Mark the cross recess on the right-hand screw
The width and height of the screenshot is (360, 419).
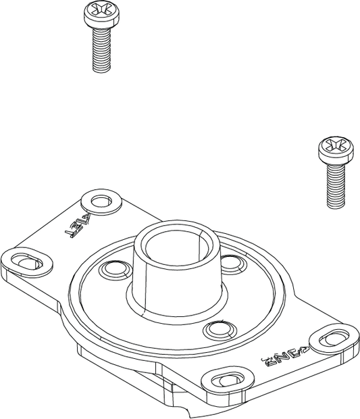(x=335, y=145)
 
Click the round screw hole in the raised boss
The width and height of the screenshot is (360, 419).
(x=101, y=201)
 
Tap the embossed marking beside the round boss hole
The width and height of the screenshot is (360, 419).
(x=78, y=226)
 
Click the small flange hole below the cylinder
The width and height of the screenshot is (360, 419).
(x=220, y=330)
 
